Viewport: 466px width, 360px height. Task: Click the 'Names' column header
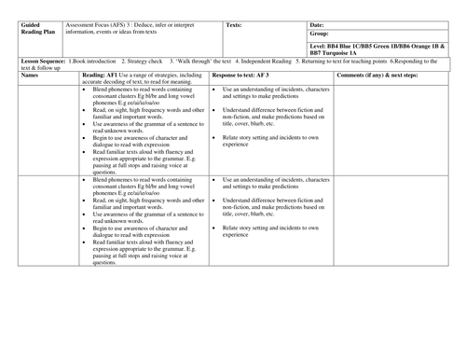click(30, 74)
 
